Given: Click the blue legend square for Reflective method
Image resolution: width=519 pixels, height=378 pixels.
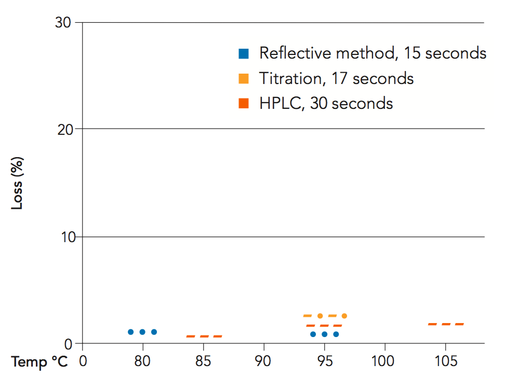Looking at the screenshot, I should [x=243, y=53].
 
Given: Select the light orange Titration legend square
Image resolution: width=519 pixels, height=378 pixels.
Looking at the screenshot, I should [x=243, y=79].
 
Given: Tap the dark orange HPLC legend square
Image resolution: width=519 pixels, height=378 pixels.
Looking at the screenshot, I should [x=243, y=104].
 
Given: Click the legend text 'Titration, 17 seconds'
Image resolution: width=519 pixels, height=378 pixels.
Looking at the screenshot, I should [x=336, y=79].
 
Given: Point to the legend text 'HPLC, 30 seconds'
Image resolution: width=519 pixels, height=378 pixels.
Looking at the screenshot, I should [x=326, y=104].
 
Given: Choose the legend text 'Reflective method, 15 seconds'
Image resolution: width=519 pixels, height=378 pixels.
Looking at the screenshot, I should [x=372, y=53].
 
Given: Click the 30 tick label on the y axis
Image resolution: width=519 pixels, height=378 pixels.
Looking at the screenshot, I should [x=63, y=23].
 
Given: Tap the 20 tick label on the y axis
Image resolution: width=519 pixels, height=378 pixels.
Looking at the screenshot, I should [x=63, y=129].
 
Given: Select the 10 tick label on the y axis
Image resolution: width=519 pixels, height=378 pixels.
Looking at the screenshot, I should [x=63, y=237].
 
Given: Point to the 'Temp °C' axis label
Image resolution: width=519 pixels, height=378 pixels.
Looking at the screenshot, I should [x=40, y=361].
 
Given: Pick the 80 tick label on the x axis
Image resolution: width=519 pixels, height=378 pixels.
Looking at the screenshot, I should [x=142, y=361].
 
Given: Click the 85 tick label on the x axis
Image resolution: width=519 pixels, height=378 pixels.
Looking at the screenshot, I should [x=203, y=361].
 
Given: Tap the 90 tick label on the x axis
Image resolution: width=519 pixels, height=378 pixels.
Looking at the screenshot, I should [x=264, y=361].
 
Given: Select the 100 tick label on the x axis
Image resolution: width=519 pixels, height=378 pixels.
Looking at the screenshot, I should [x=385, y=361].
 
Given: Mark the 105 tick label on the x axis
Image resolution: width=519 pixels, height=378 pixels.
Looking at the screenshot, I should [x=445, y=361].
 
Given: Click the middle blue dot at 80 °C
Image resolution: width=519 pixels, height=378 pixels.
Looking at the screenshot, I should [x=142, y=332].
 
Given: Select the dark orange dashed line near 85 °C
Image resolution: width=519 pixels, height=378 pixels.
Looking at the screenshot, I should [x=204, y=337].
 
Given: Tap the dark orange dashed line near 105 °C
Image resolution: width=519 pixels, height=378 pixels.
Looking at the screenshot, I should [x=446, y=324].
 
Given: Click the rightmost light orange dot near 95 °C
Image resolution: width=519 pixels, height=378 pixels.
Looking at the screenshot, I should [x=344, y=316].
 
